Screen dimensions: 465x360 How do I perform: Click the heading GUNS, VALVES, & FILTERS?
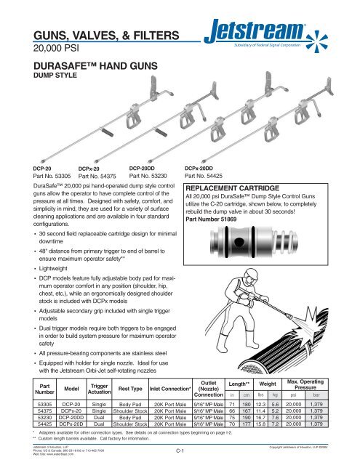tap(107, 36)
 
